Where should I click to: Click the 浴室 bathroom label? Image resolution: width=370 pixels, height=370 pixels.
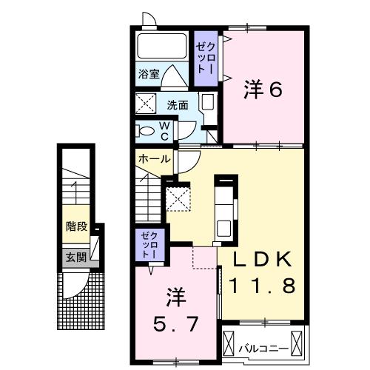[x=149, y=74]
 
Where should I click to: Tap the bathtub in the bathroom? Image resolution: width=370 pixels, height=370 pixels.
[x=163, y=49]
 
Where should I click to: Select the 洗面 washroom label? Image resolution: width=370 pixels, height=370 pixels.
[x=177, y=104]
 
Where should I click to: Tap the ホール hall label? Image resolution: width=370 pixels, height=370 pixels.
[x=154, y=158]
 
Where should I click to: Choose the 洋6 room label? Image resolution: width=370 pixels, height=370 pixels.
[x=263, y=90]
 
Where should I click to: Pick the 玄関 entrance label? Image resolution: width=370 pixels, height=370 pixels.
[x=75, y=257]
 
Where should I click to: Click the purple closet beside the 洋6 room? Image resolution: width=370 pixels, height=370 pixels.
[x=205, y=56]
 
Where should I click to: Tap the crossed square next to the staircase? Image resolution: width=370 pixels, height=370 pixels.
[x=178, y=198]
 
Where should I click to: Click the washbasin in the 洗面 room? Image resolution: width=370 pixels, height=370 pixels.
[x=207, y=104]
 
